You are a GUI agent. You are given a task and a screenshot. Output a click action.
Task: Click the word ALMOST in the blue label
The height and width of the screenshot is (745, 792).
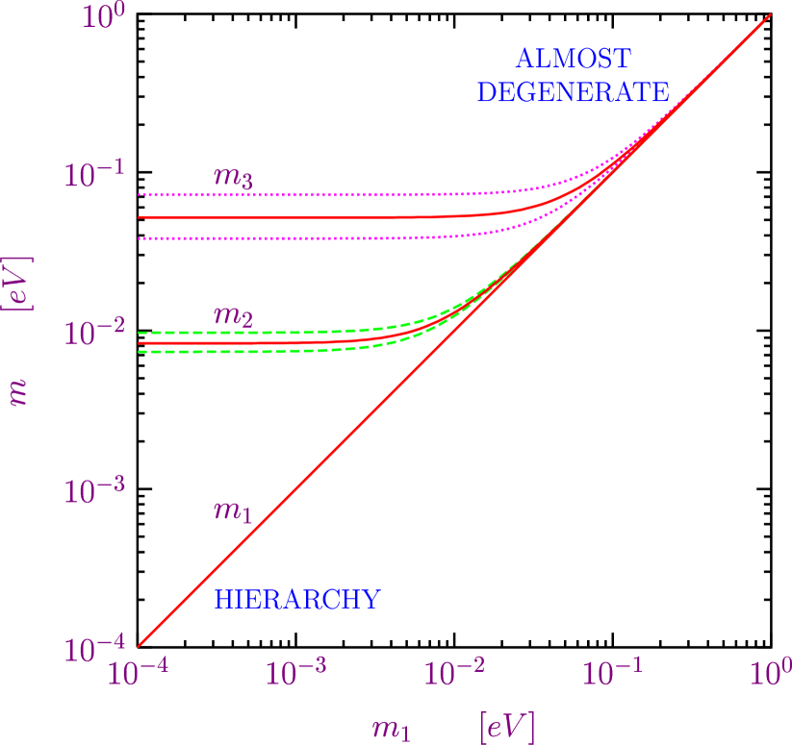pos(573,60)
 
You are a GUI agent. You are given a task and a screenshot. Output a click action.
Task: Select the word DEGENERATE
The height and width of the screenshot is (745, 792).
pos(574,92)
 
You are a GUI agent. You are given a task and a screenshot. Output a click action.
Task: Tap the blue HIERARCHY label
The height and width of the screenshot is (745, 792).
pos(297,599)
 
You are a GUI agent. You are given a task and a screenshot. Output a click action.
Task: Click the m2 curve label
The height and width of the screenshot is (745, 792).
pos(232,315)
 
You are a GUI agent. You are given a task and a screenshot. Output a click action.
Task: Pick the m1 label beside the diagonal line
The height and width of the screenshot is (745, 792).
pos(232,510)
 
